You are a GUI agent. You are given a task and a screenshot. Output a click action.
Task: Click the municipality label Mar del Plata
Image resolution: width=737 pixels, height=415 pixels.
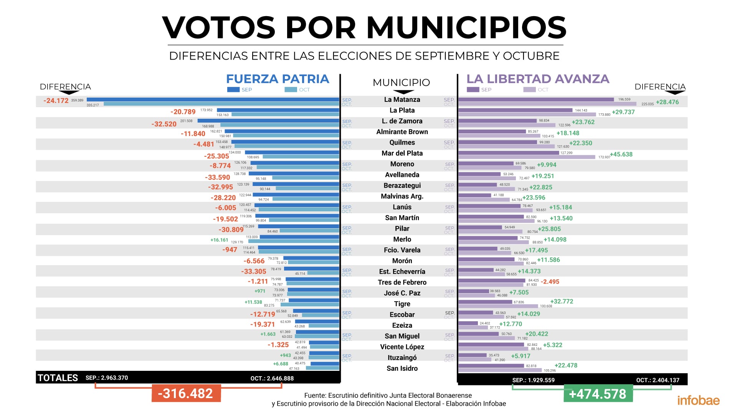(x=402, y=153)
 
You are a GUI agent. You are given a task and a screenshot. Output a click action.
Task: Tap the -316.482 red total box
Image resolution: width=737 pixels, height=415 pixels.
(x=186, y=393)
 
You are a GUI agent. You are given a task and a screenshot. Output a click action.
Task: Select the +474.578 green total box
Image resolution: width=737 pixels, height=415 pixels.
(x=598, y=394)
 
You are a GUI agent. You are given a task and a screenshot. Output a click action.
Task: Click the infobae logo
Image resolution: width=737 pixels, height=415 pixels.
(x=698, y=400)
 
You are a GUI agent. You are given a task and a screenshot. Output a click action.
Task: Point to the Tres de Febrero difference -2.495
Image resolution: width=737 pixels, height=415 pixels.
(x=550, y=282)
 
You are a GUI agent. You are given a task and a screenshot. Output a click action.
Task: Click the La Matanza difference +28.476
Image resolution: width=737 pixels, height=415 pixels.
(x=667, y=102)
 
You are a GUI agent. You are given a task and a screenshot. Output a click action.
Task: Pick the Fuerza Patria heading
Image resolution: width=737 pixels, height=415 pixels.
(x=278, y=79)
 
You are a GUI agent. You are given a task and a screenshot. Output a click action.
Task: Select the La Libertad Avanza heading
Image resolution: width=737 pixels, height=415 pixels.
(x=538, y=79)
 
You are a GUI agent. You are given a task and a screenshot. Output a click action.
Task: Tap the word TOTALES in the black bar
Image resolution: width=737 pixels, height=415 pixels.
(x=58, y=378)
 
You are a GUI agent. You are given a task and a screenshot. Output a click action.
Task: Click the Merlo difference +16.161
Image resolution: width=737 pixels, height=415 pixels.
(x=219, y=240)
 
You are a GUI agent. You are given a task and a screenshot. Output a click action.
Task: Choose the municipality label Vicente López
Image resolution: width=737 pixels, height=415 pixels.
(x=402, y=347)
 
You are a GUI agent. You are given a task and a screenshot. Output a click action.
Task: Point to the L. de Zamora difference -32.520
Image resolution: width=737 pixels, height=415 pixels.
(x=164, y=124)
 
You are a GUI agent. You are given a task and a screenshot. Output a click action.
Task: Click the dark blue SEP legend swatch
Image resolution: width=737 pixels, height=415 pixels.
(x=233, y=90)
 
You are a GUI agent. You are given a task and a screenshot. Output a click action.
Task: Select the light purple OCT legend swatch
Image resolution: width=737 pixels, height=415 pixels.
(x=529, y=90)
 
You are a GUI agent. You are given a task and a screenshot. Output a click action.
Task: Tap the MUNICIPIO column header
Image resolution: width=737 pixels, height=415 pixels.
(x=401, y=82)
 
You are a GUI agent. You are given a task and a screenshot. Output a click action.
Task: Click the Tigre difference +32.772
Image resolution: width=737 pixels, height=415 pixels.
(x=562, y=301)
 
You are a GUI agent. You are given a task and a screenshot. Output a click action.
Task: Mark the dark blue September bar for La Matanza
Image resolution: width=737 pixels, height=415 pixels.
(x=213, y=100)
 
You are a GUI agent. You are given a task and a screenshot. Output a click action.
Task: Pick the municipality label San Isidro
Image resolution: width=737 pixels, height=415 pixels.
(x=402, y=369)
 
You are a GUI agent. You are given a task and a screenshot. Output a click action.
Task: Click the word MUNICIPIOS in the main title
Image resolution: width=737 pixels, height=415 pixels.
(x=466, y=28)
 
